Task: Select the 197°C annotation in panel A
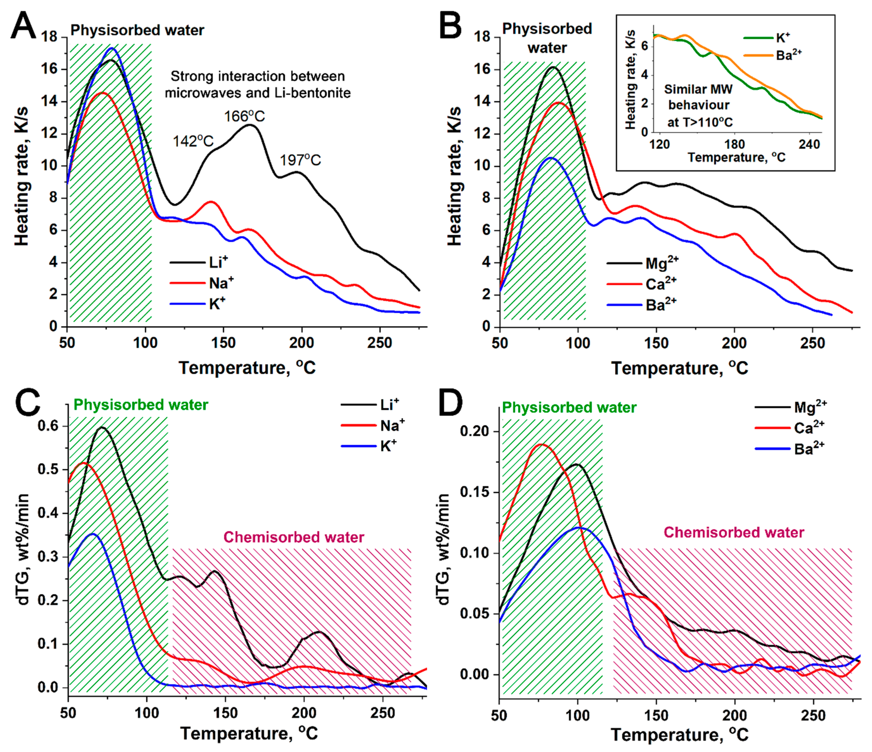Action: (301, 160)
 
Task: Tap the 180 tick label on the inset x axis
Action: (734, 145)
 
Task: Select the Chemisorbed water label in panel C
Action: (294, 537)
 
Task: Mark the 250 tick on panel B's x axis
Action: (812, 343)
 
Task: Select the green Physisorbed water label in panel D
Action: (569, 408)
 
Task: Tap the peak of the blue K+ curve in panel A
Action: (112, 48)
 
